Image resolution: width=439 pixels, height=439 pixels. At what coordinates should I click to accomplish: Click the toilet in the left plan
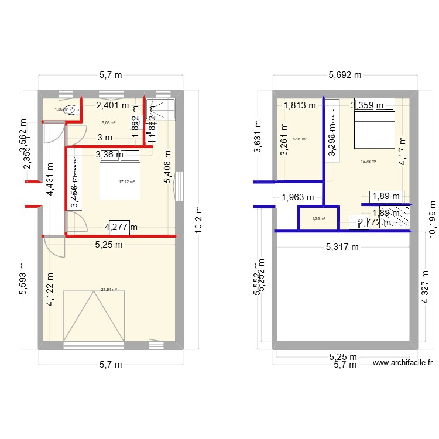click(x=70, y=108)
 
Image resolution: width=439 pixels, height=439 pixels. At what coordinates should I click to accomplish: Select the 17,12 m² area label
click(x=126, y=182)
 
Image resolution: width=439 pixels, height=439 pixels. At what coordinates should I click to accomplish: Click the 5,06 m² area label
click(x=109, y=123)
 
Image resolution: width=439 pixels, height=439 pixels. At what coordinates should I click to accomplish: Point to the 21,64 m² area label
click(x=109, y=289)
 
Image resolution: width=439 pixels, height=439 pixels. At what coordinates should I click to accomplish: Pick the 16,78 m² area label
click(x=368, y=161)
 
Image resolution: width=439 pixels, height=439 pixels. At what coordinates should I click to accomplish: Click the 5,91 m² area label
click(x=300, y=139)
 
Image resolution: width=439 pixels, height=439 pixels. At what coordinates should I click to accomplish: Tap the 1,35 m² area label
click(x=318, y=219)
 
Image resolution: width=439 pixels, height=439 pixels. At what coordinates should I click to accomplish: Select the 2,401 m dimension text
click(x=115, y=106)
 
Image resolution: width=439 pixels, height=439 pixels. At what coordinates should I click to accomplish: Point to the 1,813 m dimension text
click(x=299, y=105)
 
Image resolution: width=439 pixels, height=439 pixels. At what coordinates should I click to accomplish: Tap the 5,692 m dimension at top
click(x=345, y=75)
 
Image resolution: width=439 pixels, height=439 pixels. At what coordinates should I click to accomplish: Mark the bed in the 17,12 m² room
click(x=119, y=174)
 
